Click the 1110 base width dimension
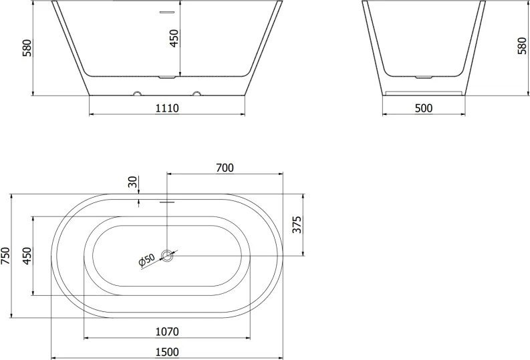(167, 108)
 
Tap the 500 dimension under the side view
(424, 108)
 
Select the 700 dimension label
(225, 168)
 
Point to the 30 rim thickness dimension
(134, 182)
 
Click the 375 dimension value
(297, 224)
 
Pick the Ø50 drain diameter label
(146, 260)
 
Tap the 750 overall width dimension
(6, 256)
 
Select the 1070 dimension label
(167, 332)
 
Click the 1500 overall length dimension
(167, 352)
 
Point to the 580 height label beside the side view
(522, 46)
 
